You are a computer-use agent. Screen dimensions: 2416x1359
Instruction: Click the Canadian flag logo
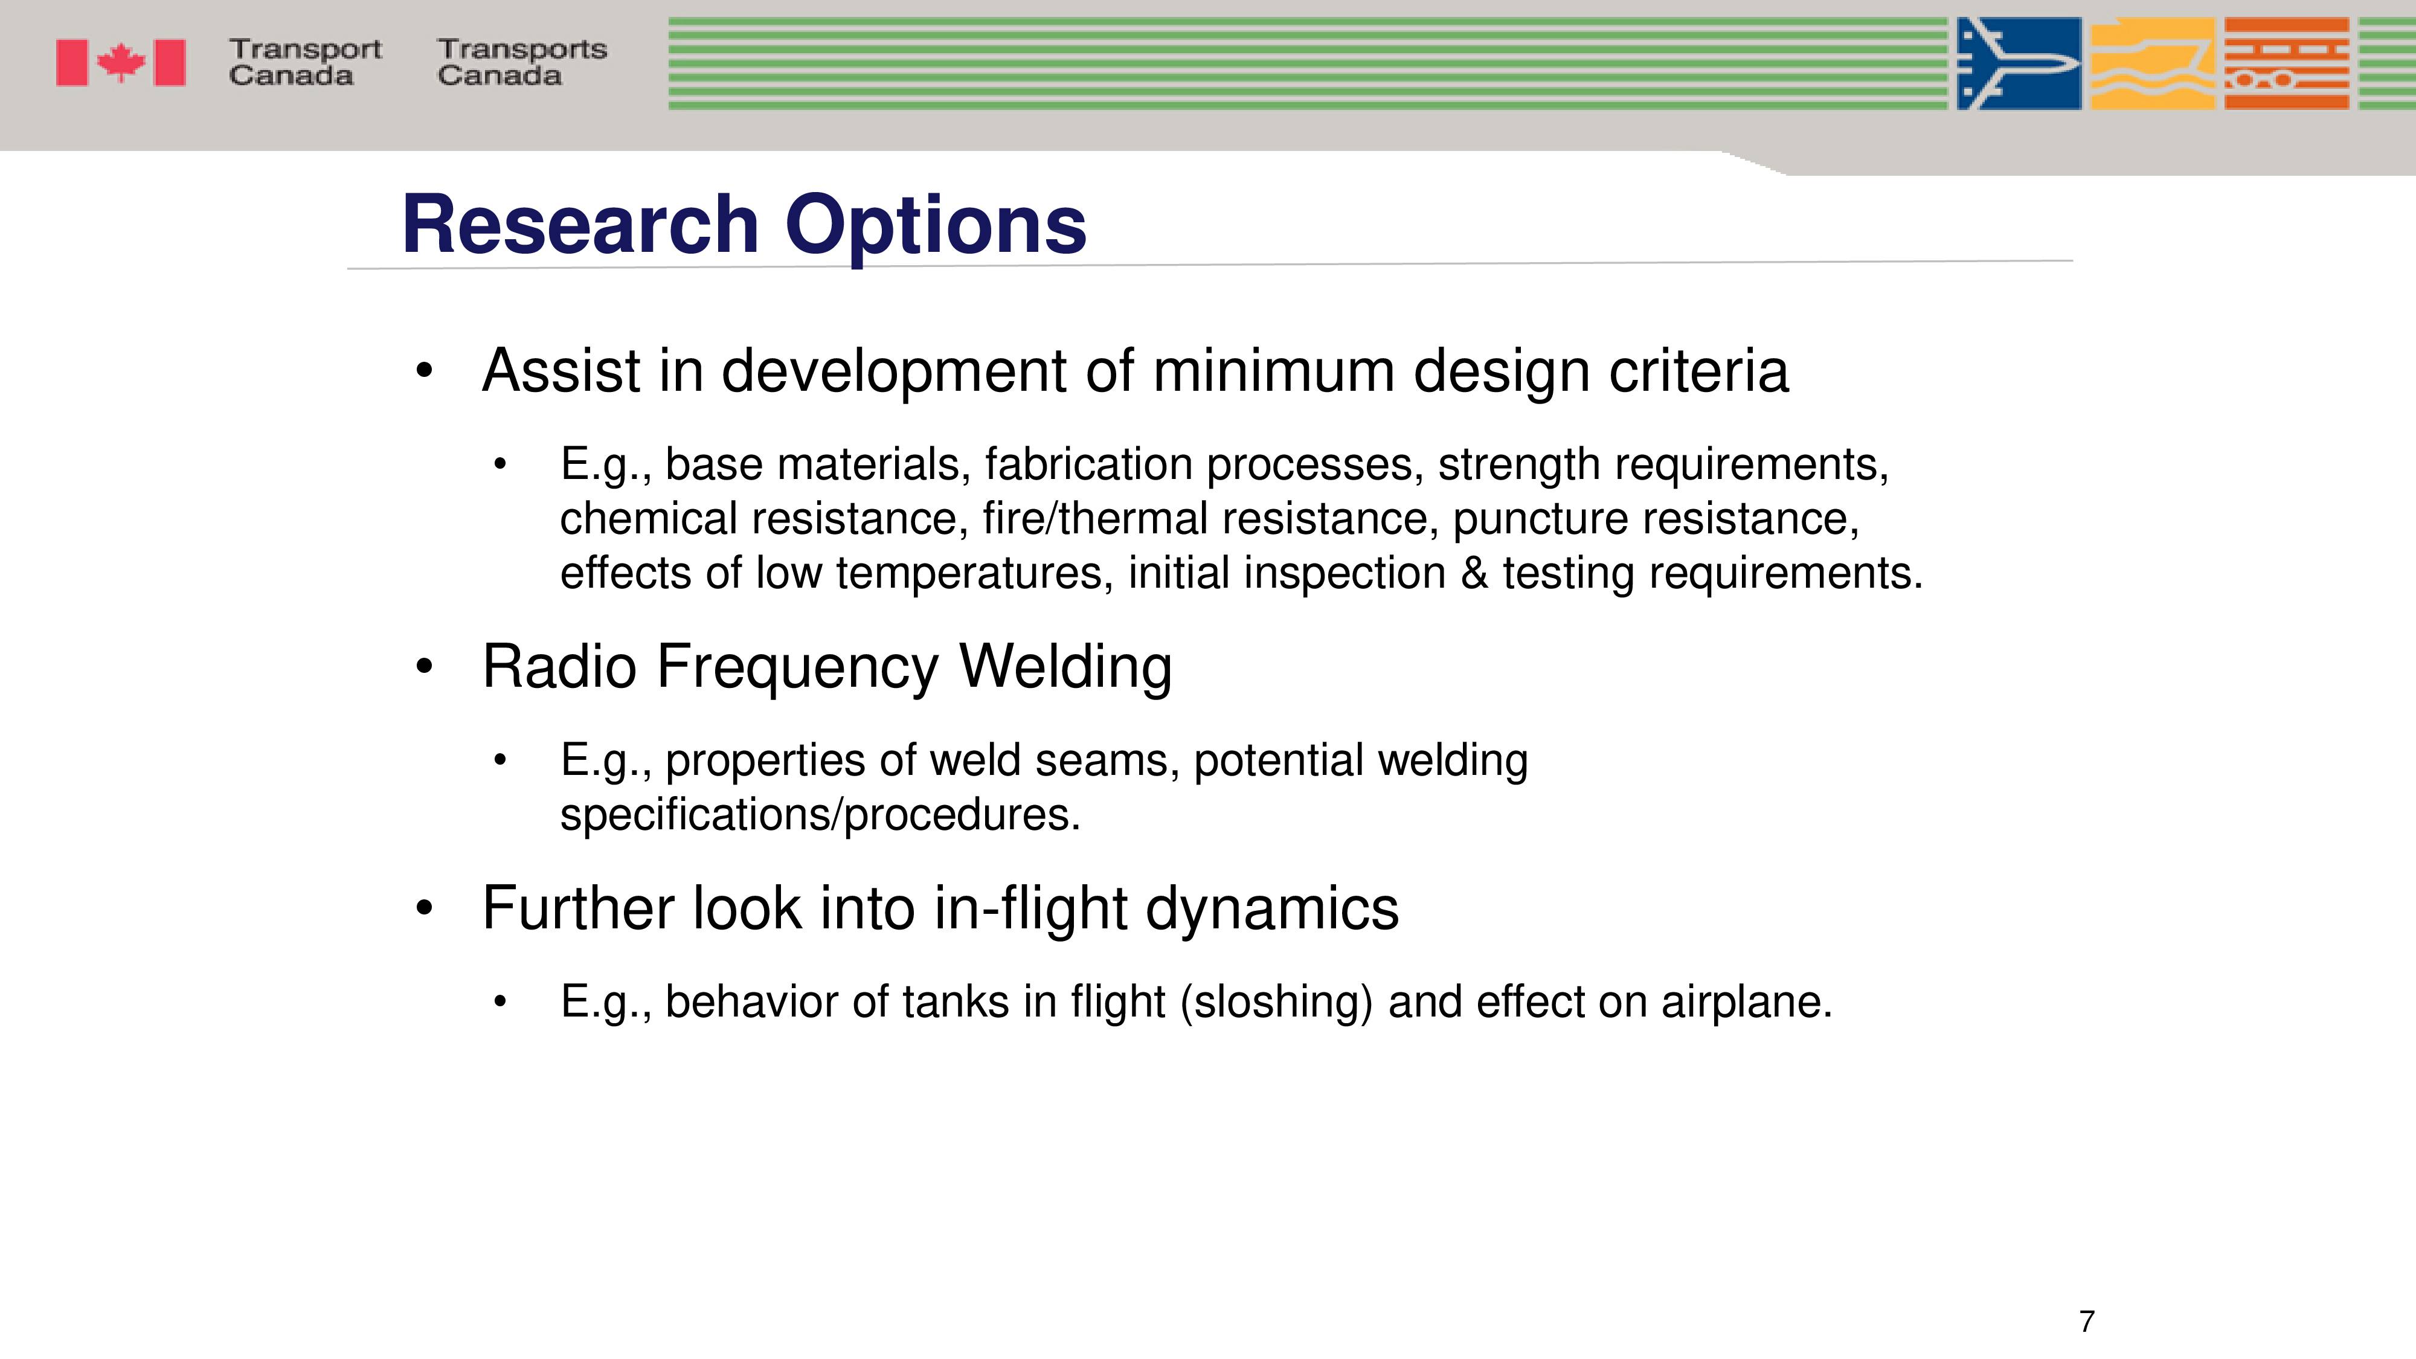click(x=121, y=63)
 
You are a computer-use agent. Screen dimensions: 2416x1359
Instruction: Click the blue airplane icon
click(x=2019, y=64)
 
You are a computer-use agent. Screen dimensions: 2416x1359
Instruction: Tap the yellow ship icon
click(x=2153, y=64)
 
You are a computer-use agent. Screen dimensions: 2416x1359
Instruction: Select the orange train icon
click(x=2287, y=64)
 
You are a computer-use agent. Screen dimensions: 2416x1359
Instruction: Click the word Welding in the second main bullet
click(x=1065, y=669)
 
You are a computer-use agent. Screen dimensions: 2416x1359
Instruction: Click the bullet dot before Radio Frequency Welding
click(x=425, y=668)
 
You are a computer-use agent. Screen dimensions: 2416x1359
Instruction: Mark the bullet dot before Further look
click(x=425, y=909)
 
